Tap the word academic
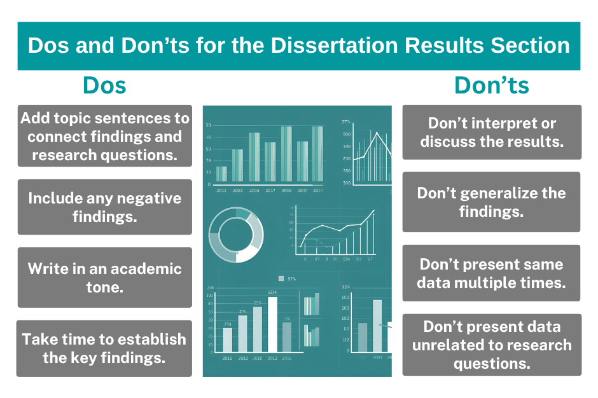(140, 268)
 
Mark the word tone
(104, 287)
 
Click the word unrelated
(450, 345)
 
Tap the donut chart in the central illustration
(236, 234)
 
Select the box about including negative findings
(104, 207)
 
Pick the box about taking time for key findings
(104, 348)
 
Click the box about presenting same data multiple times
(491, 273)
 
